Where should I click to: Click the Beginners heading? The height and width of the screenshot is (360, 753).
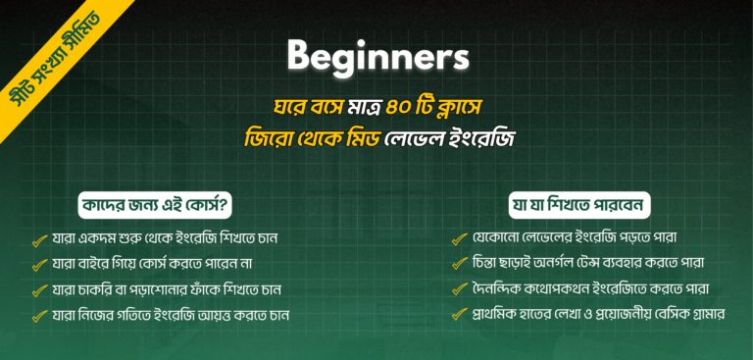(377, 57)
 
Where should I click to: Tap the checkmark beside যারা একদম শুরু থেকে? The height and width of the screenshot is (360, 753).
(40, 239)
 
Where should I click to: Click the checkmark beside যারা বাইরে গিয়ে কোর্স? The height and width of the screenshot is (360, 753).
(40, 265)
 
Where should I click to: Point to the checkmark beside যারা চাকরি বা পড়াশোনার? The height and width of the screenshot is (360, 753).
(40, 290)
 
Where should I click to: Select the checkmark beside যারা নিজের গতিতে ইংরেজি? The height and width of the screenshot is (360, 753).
(40, 316)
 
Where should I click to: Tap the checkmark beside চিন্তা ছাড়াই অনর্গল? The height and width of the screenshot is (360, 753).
(459, 264)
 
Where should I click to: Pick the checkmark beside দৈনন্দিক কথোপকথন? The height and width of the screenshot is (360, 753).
(459, 289)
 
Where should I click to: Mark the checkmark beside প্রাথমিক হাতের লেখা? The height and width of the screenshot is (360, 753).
(459, 315)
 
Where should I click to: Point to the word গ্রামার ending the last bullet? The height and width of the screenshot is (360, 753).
(700, 315)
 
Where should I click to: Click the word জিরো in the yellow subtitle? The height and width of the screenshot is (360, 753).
(269, 137)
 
